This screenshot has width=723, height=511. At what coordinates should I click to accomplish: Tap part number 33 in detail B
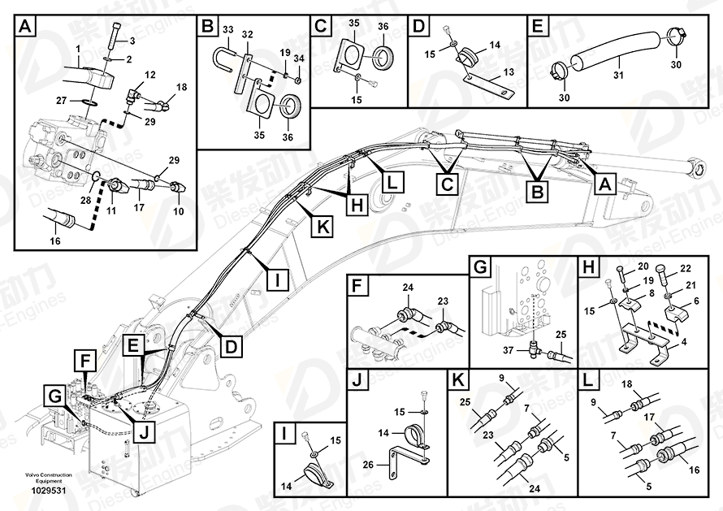point(228,31)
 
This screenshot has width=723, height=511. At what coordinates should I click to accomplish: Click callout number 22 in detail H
point(684,268)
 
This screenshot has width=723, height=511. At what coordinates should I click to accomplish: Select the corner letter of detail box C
point(321,26)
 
